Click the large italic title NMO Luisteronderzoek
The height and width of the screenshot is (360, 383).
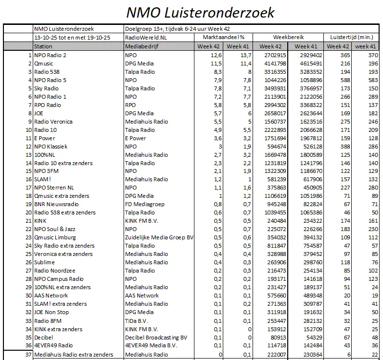coord(200,12)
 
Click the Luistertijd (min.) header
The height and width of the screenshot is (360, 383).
coord(352,37)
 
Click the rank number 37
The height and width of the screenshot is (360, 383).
coord(28,355)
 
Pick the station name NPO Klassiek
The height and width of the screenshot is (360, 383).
coord(51,146)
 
